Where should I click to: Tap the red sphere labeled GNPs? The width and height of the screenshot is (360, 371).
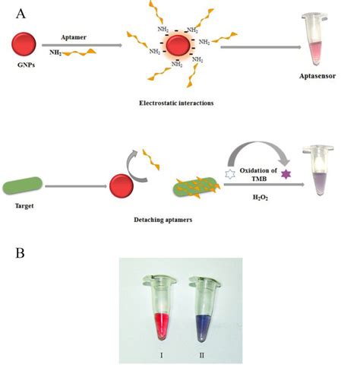24,47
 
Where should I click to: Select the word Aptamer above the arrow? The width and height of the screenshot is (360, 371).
75,35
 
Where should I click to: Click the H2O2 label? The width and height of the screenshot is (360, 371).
257,195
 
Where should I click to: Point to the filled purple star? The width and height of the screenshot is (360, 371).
286,174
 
